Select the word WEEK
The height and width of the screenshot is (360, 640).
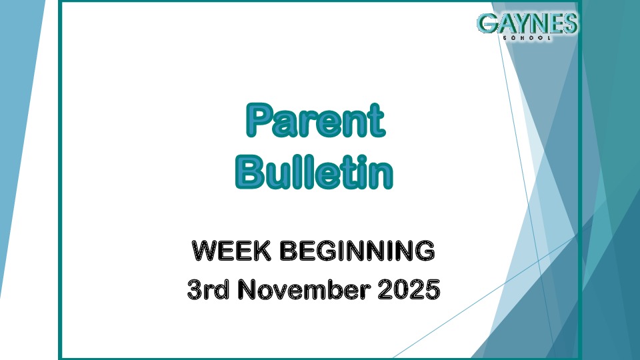coord(227,251)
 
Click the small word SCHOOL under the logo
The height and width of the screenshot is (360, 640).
coord(527,38)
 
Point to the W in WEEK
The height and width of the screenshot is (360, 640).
coord(203,251)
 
